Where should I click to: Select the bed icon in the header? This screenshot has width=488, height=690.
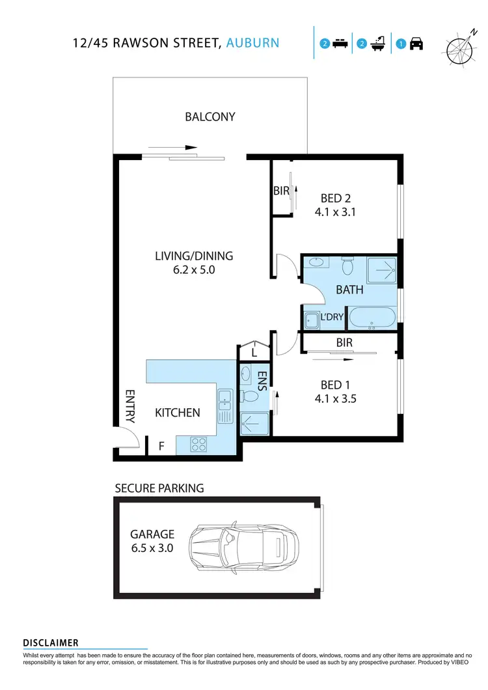pos(339,44)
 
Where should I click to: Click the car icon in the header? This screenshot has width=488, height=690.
pos(416,44)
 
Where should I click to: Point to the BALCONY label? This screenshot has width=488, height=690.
pos(210,117)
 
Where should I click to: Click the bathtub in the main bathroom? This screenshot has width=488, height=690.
pos(372,319)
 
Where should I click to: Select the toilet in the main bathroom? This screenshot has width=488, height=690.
pos(347,266)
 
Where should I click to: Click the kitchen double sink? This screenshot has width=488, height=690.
pos(226,406)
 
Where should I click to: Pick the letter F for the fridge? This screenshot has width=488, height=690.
pos(161,447)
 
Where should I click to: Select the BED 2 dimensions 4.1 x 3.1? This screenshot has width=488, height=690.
pos(335,212)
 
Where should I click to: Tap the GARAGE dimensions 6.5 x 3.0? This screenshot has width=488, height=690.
pos(152,548)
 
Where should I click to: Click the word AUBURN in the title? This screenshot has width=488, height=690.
pos(253,44)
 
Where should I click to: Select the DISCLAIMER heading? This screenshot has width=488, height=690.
pos(51,643)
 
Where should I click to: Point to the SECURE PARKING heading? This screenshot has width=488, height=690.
pos(159,488)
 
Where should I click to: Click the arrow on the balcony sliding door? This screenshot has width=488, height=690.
pos(172,148)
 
